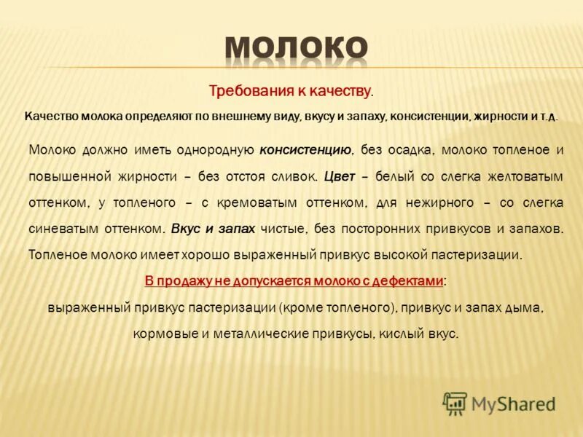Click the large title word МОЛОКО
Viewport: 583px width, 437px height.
tap(296, 49)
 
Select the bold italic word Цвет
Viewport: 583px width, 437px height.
tap(340, 176)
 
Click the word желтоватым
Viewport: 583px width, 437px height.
tap(509, 176)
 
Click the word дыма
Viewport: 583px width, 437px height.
tap(523, 307)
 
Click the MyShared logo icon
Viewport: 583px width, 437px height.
tap(455, 403)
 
